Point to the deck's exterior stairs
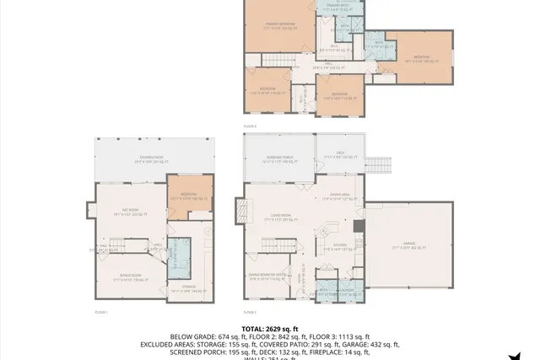click(377, 162)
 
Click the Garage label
click(408, 246)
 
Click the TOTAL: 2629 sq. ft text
click(270, 328)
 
